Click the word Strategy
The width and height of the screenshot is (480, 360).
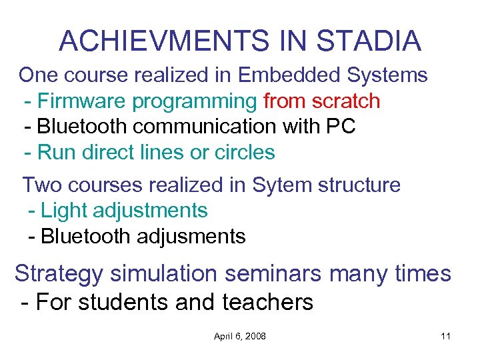click(59, 274)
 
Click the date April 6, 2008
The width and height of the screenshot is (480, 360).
click(239, 336)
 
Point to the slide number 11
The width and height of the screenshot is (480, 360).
click(445, 336)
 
